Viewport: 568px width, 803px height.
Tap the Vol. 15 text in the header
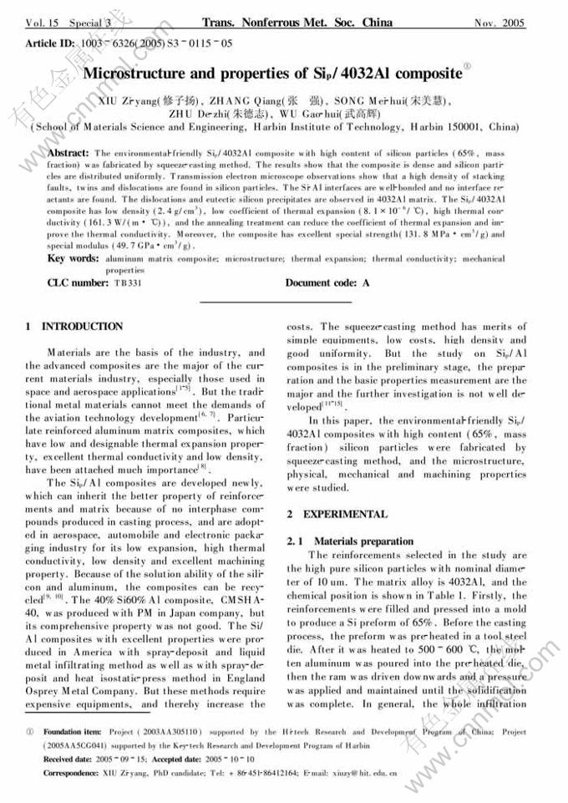(x=44, y=23)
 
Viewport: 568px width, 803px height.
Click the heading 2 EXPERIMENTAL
(x=337, y=515)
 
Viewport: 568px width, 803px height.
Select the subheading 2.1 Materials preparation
(x=350, y=541)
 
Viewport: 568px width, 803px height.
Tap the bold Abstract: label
(x=68, y=154)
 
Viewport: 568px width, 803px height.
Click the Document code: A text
(x=327, y=283)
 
